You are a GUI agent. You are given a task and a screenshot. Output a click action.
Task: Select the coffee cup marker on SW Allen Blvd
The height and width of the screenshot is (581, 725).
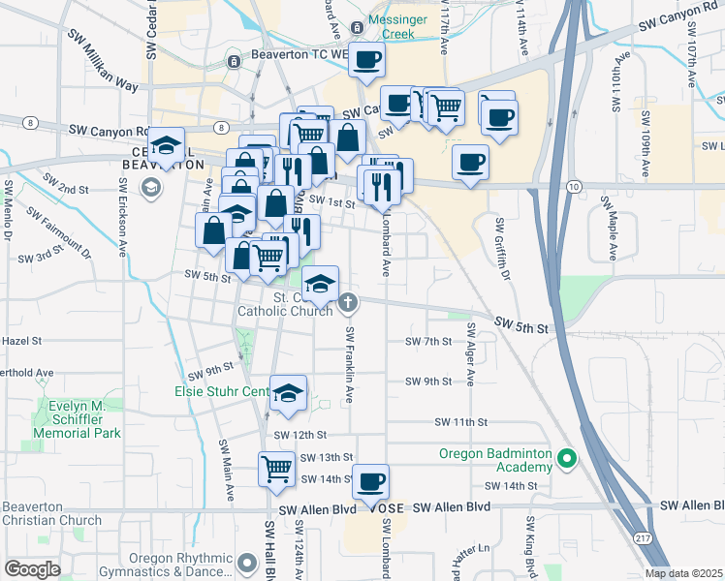coord(369,481)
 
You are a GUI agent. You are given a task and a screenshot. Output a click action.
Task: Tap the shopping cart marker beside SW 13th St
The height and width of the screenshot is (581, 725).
coord(277,469)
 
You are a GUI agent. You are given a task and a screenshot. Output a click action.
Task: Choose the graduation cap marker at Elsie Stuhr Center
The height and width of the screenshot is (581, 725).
coord(288,393)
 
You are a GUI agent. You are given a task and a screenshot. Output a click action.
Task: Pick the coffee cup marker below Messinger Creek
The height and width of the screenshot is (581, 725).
coord(366,60)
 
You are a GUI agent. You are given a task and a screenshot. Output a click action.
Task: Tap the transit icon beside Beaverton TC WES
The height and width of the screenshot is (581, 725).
coord(234,62)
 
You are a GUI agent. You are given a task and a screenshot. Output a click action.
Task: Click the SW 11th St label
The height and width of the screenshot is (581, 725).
coord(459,422)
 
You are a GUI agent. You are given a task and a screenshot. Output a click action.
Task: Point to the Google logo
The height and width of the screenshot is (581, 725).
coord(32,568)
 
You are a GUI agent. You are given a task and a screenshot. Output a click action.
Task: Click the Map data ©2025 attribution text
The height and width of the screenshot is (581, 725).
coord(684,573)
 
